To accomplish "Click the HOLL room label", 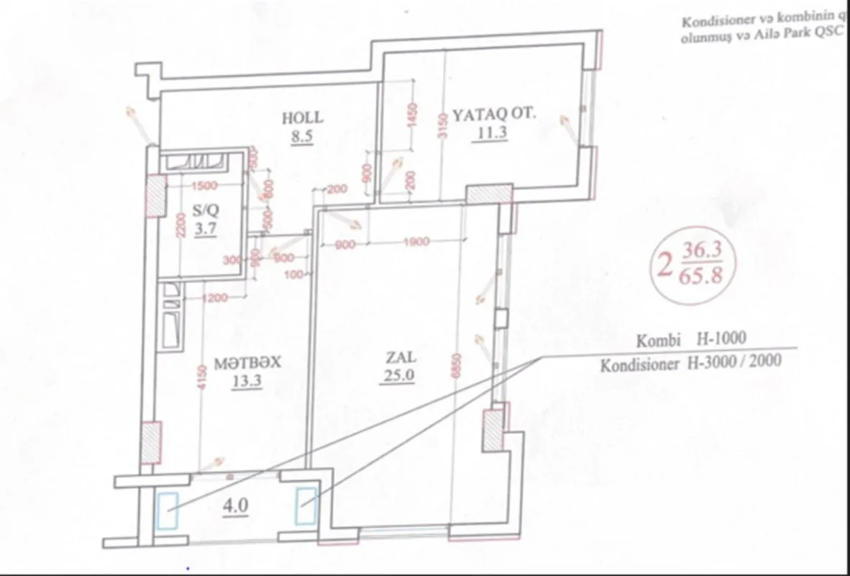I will tap(303, 117).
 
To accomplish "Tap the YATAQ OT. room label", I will tap(493, 114).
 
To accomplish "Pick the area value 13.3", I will tap(246, 382).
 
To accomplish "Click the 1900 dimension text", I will tap(416, 243).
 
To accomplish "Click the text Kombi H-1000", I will tap(691, 338).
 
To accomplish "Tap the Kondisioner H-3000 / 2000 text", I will tap(691, 364).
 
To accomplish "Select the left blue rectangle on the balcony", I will tap(170, 510).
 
